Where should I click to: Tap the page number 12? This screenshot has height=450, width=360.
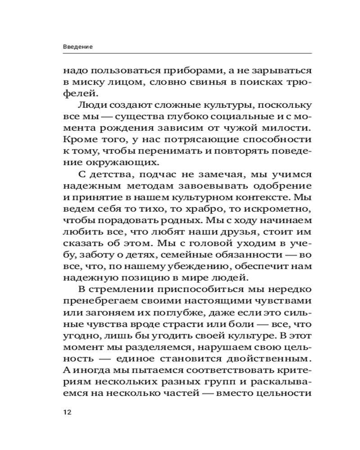[67, 412]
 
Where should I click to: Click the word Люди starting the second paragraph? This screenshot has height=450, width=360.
[90, 105]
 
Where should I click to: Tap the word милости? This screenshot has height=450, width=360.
[288, 129]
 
